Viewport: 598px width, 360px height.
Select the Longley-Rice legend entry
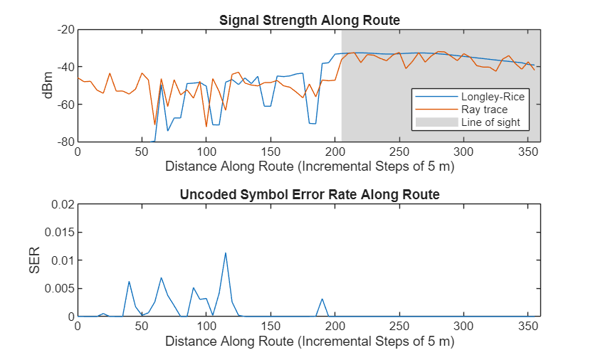[x=483, y=97]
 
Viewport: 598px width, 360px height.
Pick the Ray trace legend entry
[x=483, y=110]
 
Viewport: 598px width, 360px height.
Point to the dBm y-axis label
[x=48, y=85]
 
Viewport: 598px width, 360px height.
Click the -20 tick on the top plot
[x=66, y=30]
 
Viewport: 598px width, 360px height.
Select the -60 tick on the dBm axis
[x=66, y=105]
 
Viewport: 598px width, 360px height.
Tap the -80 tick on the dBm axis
[x=66, y=142]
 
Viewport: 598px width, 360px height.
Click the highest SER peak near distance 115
[x=226, y=253]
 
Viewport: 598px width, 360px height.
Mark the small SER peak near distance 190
[x=322, y=299]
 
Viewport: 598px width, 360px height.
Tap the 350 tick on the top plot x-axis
[x=528, y=152]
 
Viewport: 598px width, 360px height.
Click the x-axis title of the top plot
[x=309, y=167]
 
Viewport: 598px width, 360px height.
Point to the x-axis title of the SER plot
[x=309, y=342]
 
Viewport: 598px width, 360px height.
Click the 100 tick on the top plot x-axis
[x=206, y=152]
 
